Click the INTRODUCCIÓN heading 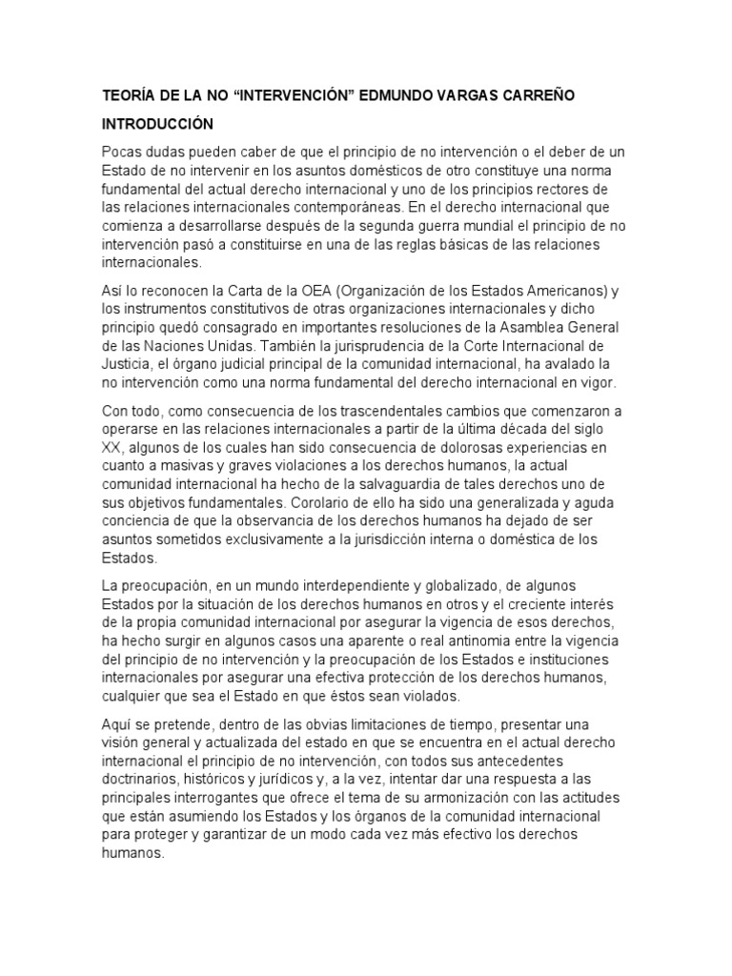(158, 125)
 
